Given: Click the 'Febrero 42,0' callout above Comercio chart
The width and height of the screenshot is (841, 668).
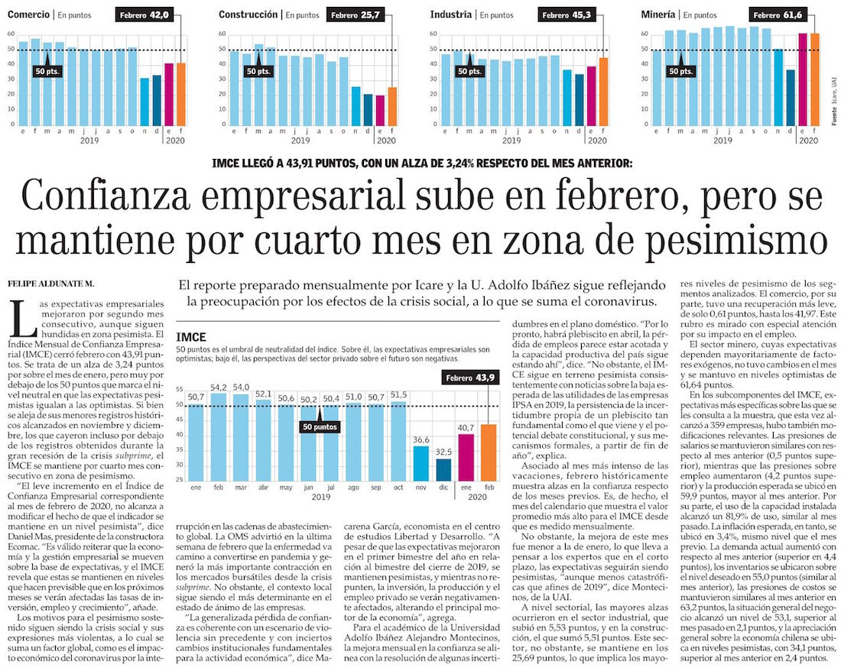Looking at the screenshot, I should (147, 15).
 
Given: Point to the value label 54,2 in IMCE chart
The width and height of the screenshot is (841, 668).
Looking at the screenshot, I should (218, 388).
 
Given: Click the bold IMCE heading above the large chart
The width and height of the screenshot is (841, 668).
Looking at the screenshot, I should (191, 337).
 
